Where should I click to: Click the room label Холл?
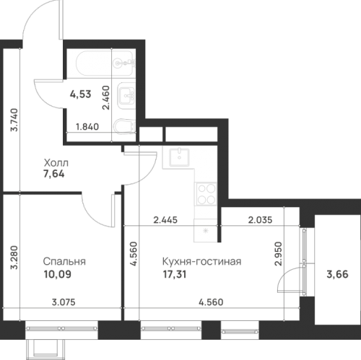(56, 163)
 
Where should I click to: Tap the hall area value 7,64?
(54, 174)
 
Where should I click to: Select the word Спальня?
(64, 261)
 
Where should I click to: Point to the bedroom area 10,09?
(57, 274)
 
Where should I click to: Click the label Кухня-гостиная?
(201, 261)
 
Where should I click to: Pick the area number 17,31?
(175, 274)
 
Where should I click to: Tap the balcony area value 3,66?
(337, 274)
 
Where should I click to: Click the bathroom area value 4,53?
(81, 94)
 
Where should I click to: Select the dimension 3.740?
(14, 120)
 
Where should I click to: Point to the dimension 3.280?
(14, 257)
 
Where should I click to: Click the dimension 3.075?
(64, 302)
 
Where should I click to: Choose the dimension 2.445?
(165, 220)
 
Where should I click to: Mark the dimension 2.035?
(260, 220)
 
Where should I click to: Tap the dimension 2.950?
(278, 253)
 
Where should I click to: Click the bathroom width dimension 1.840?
(87, 127)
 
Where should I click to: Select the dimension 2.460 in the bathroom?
(106, 97)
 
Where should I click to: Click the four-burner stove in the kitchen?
(206, 194)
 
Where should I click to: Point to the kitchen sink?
(180, 157)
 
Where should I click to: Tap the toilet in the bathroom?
(124, 126)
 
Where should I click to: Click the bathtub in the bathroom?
(105, 63)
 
